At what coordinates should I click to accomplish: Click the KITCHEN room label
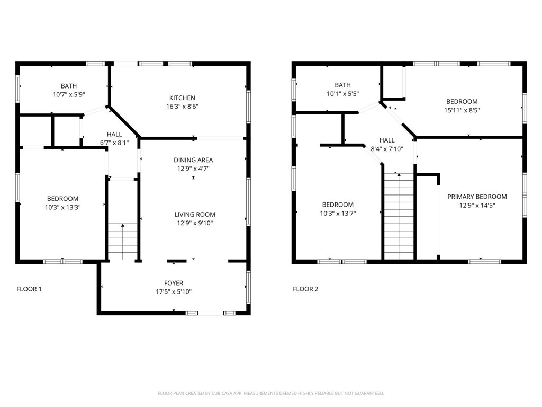182,98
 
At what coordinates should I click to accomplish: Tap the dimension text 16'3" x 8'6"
182,107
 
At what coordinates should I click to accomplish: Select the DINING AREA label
193,160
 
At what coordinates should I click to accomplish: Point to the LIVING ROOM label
195,215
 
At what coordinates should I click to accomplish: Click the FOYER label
174,283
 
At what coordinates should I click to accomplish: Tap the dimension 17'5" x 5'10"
174,291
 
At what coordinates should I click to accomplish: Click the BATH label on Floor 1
68,86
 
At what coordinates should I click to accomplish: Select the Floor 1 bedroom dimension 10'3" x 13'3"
62,207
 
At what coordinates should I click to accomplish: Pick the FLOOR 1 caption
29,289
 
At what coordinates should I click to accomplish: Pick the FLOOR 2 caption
305,289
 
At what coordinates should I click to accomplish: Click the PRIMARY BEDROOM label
477,197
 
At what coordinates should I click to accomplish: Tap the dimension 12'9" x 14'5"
477,205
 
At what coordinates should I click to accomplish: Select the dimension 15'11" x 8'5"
462,110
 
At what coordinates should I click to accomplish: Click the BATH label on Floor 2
342,85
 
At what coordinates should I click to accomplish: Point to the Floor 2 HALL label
387,140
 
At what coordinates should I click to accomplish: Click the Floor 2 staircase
399,217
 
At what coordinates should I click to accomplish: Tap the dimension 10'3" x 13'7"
338,214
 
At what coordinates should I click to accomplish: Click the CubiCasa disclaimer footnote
270,393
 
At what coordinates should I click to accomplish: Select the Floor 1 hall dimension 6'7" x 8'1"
114,143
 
